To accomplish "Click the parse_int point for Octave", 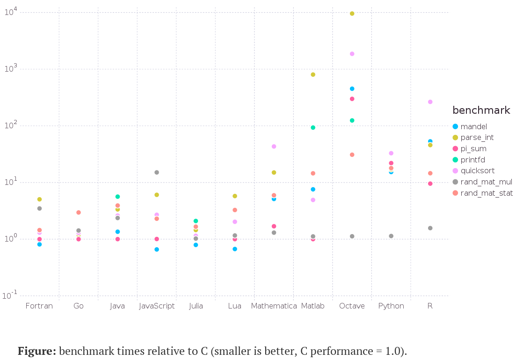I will [x=352, y=14].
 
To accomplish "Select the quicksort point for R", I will [x=430, y=102].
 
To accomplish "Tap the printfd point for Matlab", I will [x=313, y=127].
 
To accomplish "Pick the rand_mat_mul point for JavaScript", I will [x=157, y=172].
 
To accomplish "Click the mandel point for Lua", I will [x=235, y=249].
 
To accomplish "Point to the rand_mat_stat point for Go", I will [x=79, y=213].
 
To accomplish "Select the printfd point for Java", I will [x=118, y=197].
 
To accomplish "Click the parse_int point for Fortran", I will [x=40, y=199].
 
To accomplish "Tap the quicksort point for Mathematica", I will [x=274, y=147].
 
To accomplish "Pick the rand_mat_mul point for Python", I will [x=391, y=236].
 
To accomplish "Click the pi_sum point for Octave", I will [x=352, y=99].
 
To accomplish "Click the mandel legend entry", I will [x=473, y=126].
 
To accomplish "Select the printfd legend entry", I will [x=473, y=160].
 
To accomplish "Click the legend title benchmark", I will [x=481, y=110].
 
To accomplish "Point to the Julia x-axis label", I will [x=196, y=306].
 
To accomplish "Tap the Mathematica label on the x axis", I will [x=274, y=306].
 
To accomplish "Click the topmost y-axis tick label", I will [x=11, y=12].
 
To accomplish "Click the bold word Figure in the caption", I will [x=37, y=351].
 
